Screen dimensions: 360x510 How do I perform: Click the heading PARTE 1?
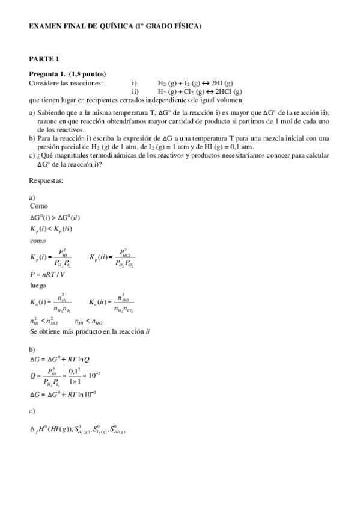point(44,58)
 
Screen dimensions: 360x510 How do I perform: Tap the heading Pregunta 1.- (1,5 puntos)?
point(67,74)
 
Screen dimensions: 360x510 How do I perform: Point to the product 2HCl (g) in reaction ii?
point(225,91)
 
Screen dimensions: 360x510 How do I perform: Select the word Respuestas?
point(46,180)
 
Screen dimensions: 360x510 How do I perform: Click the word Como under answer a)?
point(38,206)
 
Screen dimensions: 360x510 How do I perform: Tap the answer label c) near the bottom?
point(32,411)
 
